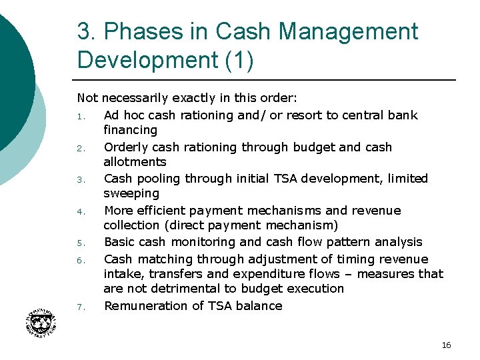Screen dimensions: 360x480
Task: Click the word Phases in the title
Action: click(137, 31)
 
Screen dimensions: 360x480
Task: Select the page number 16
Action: click(446, 345)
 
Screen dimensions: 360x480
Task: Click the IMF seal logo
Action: click(44, 326)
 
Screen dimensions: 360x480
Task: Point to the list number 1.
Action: click(79, 116)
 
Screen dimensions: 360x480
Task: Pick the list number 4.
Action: click(79, 211)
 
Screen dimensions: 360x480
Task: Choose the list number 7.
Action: click(79, 307)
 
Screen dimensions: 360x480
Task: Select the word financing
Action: click(130, 130)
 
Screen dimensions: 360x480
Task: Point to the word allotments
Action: click(135, 162)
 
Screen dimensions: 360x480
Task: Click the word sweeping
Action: click(131, 193)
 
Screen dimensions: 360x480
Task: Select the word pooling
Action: click(158, 179)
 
